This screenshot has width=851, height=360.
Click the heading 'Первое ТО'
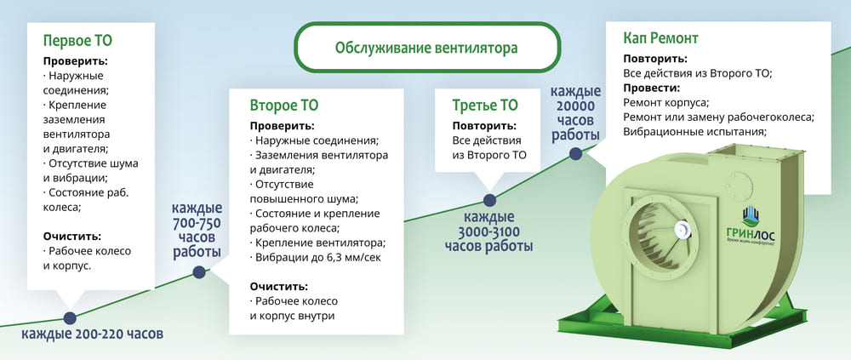point(77,41)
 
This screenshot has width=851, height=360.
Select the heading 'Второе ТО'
point(284,105)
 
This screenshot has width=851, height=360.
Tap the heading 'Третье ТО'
point(485,105)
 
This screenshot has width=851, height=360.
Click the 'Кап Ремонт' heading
point(660,38)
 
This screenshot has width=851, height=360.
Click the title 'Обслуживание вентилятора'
point(426,48)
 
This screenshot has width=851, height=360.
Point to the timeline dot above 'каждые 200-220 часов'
point(70,318)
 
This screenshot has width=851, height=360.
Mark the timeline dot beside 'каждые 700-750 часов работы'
point(198,272)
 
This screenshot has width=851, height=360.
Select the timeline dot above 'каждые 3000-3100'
point(489,200)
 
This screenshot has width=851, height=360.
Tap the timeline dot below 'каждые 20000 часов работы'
point(576,154)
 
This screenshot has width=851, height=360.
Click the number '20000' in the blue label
point(576,106)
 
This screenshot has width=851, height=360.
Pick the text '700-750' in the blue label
point(197,223)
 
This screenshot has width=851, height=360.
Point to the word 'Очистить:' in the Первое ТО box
point(72,237)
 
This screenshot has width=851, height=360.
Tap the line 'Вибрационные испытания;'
point(694,132)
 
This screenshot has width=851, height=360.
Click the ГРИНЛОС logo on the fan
point(751,228)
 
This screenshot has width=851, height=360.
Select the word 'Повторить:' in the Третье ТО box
point(484,126)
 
